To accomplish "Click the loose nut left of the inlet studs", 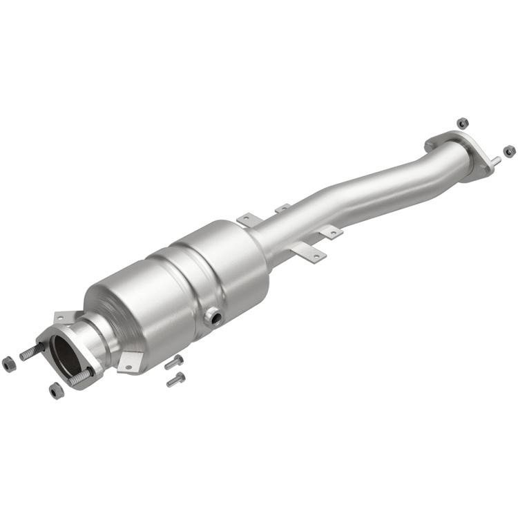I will tap(9, 363).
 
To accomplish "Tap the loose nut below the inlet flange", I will tap(56, 390).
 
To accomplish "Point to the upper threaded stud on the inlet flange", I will tap(31, 352).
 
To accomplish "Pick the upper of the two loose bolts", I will tap(173, 362).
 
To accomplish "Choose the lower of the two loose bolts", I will tap(176, 379).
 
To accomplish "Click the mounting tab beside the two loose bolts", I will tap(130, 360).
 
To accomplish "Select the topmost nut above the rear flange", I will tap(463, 123).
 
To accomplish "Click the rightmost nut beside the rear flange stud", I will tap(509, 151).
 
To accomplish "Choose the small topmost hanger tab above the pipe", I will tap(282, 208).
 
